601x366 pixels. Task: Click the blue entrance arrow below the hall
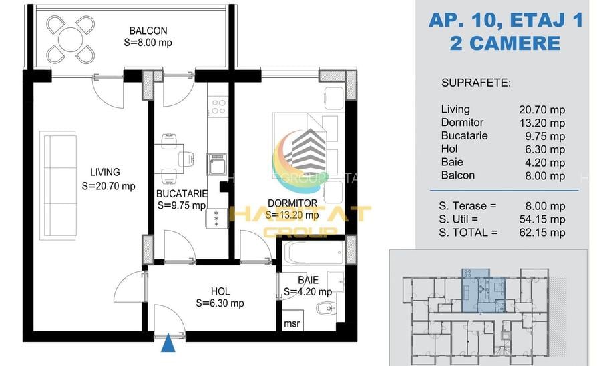tap(168, 343)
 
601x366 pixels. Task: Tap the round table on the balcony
tap(71, 39)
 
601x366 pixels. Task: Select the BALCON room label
tap(148, 31)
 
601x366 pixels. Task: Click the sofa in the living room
tap(58, 186)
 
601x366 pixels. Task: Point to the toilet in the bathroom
tap(326, 308)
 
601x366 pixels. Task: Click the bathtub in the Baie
tap(314, 253)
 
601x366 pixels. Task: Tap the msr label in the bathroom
tap(292, 323)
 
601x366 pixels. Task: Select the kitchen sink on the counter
tap(217, 164)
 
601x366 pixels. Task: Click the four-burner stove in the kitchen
tap(218, 107)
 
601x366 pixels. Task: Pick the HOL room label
tap(220, 292)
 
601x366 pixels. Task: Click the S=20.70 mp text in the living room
tap(108, 187)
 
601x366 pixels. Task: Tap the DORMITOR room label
tap(292, 203)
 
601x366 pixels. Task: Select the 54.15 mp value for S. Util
tap(542, 219)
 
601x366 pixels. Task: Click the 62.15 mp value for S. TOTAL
tap(542, 233)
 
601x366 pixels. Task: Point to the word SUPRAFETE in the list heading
tap(476, 83)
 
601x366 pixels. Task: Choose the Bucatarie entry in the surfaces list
tap(465, 135)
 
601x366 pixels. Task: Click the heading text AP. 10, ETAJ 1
tap(506, 20)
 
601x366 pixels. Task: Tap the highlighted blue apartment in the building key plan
tap(483, 290)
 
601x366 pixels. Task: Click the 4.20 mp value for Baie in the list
tap(545, 163)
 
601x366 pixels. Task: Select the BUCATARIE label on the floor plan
tap(182, 194)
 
